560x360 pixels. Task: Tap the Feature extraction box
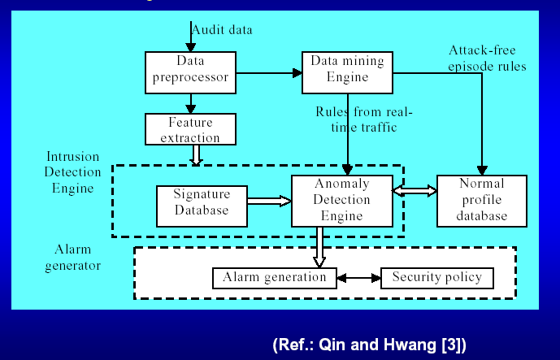click(191, 129)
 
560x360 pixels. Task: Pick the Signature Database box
click(202, 202)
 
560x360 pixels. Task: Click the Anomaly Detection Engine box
click(341, 201)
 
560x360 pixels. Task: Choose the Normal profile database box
click(483, 201)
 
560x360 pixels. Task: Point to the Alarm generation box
click(274, 278)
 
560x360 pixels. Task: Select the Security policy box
click(436, 278)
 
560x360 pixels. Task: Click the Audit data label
click(222, 30)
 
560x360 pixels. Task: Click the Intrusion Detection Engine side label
click(72, 172)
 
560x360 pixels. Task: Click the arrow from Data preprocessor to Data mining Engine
click(268, 72)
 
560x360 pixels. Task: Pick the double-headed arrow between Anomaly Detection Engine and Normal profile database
click(415, 190)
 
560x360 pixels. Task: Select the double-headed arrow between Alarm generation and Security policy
click(358, 278)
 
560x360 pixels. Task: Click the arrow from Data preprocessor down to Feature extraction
click(191, 103)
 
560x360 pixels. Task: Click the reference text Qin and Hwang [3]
click(370, 343)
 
